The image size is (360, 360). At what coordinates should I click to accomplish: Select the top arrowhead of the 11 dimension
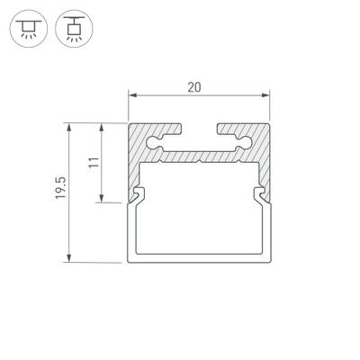[x=103, y=126]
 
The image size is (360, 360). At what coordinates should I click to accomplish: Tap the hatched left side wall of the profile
[x=135, y=166]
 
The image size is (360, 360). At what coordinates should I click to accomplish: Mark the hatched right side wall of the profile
[x=265, y=166]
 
